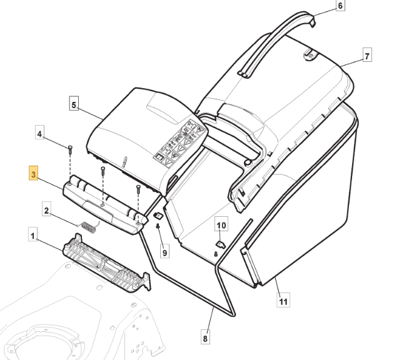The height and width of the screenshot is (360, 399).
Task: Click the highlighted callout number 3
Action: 34,173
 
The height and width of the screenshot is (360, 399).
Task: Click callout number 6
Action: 340,6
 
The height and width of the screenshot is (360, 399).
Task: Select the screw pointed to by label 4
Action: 70,150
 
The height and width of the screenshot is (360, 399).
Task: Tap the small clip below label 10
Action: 220,244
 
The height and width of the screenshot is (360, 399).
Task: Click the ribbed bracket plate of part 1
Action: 106,263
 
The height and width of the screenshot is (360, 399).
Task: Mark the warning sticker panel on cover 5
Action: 179,141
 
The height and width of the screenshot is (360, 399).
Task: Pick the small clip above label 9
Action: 158,216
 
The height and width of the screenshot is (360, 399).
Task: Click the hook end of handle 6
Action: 313,22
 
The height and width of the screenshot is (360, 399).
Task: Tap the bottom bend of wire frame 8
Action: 231,314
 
